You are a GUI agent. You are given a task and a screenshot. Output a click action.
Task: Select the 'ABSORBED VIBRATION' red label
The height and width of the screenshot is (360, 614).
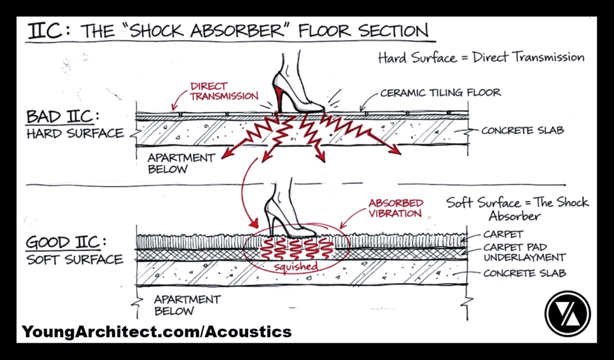pyautogui.click(x=396, y=208)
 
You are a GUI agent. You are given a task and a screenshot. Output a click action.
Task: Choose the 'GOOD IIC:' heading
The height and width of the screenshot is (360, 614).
pyautogui.click(x=63, y=244)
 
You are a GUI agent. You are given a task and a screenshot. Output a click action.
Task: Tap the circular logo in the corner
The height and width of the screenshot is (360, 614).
pyautogui.click(x=567, y=313)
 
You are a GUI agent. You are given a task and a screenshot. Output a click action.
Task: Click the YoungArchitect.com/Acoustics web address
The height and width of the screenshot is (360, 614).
pyautogui.click(x=157, y=331)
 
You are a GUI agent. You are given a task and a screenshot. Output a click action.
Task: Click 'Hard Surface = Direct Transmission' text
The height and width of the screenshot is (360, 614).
pyautogui.click(x=481, y=58)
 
